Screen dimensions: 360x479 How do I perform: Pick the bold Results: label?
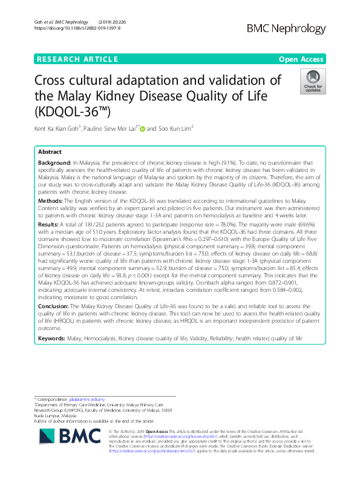[x=50, y=223]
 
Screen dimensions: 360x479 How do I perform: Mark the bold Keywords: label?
[x=52, y=338]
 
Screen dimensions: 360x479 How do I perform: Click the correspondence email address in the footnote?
[x=86, y=400]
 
